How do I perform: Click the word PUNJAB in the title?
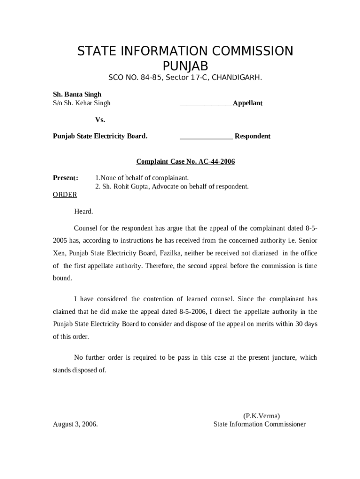[x=185, y=66]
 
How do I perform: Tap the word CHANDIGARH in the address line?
[x=237, y=77]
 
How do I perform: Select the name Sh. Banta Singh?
[x=77, y=94]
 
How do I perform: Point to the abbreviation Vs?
[x=100, y=120]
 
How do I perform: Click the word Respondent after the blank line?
[x=252, y=136]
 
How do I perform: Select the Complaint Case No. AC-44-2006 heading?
[x=185, y=162]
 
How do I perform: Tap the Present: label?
[x=65, y=178]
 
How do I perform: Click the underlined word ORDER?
[x=65, y=195]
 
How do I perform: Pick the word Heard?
[x=84, y=211]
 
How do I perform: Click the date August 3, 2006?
[x=75, y=424]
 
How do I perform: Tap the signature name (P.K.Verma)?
[x=261, y=415]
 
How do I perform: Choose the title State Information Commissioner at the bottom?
[x=259, y=424]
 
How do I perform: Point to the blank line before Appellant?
[x=206, y=104]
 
